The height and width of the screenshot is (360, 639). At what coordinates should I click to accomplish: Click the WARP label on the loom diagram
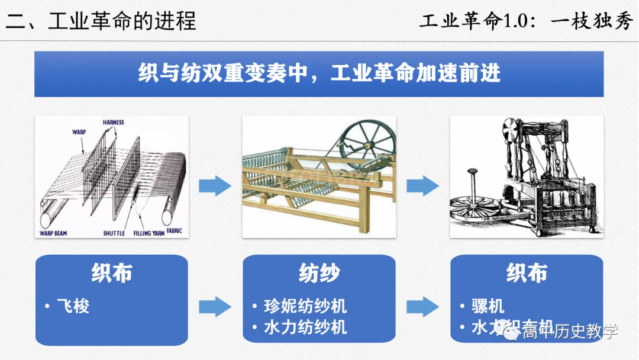[x=80, y=132]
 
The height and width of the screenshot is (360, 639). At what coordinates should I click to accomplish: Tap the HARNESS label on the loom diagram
[x=113, y=123]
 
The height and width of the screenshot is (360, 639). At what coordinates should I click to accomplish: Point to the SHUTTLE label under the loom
[x=114, y=233]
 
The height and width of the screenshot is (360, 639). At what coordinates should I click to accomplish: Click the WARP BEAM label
[x=53, y=233]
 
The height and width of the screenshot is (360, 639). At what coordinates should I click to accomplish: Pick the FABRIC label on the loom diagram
[x=175, y=230]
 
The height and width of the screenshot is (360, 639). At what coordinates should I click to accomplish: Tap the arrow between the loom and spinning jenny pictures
[x=215, y=186]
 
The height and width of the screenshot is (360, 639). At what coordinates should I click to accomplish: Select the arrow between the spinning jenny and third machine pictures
[x=422, y=186]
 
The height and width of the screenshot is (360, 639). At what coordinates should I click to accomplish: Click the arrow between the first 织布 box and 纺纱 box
[x=215, y=307]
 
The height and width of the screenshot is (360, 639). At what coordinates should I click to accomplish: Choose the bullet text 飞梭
[x=73, y=306]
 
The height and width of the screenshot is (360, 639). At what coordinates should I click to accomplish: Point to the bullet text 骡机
[x=488, y=306]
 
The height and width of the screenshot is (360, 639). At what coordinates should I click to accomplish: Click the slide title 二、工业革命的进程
[x=101, y=21]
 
